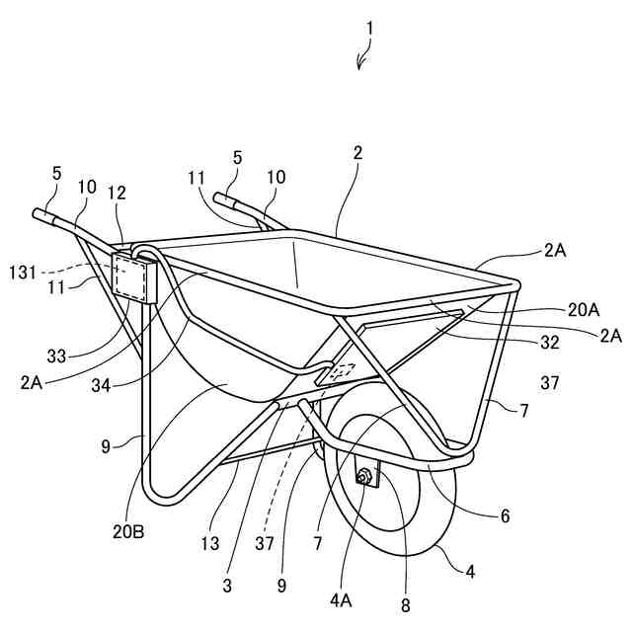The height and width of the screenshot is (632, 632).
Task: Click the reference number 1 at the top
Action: pyautogui.click(x=369, y=29)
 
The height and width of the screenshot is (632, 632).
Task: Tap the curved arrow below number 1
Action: pyautogui.click(x=363, y=60)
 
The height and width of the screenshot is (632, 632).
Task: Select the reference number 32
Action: pyautogui.click(x=549, y=343)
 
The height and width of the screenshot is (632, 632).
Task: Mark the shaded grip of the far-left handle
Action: pyautogui.click(x=45, y=216)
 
